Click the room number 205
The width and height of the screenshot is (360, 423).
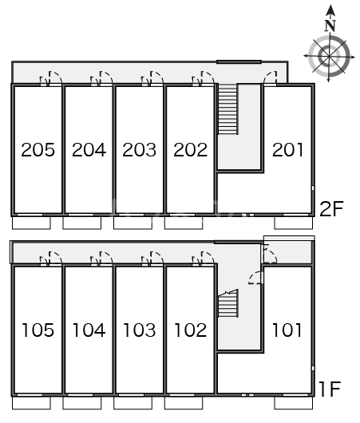[38, 150]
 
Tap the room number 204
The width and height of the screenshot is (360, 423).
[89, 150]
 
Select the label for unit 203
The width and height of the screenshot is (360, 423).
[139, 150]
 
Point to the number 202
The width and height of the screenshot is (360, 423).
[190, 150]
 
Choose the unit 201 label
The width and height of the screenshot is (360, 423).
[287, 150]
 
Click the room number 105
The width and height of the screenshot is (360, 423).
[38, 330]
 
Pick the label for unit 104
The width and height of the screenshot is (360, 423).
[89, 330]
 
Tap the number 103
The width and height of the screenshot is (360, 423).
[139, 330]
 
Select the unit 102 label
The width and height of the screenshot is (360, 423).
[190, 330]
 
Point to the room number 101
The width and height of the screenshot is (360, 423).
[287, 330]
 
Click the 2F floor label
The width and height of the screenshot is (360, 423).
[331, 208]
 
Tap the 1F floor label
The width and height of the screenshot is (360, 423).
[330, 389]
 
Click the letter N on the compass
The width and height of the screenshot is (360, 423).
[330, 26]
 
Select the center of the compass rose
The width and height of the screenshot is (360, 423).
[329, 57]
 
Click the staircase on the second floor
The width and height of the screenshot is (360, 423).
[227, 109]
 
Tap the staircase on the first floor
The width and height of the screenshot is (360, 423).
[228, 303]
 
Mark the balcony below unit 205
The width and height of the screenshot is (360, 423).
[31, 223]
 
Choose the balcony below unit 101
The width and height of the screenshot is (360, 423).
[294, 403]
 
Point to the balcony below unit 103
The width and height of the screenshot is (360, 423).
[133, 403]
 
